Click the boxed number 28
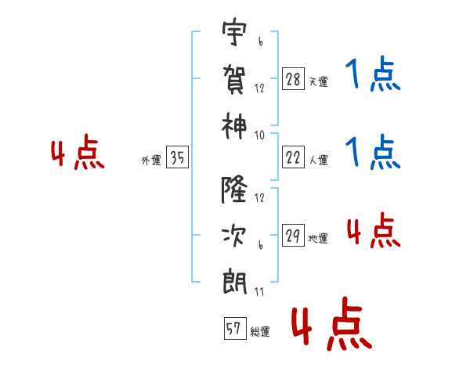point(293,80)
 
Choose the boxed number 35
point(178,159)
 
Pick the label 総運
point(259,332)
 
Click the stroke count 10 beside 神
point(259,135)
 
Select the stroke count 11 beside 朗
point(259,292)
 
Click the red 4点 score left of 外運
point(78,154)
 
